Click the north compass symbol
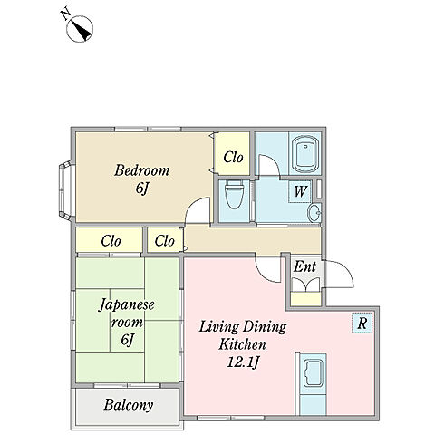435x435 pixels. [80, 29]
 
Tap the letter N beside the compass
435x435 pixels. [65, 14]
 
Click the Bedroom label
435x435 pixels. [141, 170]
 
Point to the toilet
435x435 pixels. [235, 195]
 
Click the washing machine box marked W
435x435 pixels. [300, 191]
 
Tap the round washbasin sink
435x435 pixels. [314, 213]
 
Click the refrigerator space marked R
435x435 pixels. [362, 323]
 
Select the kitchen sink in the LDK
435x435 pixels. [313, 373]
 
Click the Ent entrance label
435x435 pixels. [305, 266]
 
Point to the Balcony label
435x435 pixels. [129, 405]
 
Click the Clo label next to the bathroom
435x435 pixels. [233, 157]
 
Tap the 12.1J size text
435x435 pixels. [243, 362]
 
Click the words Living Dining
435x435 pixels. [243, 327]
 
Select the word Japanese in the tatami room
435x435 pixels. [127, 305]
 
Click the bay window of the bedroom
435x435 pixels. [65, 189]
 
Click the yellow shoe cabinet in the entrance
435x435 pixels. [305, 299]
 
